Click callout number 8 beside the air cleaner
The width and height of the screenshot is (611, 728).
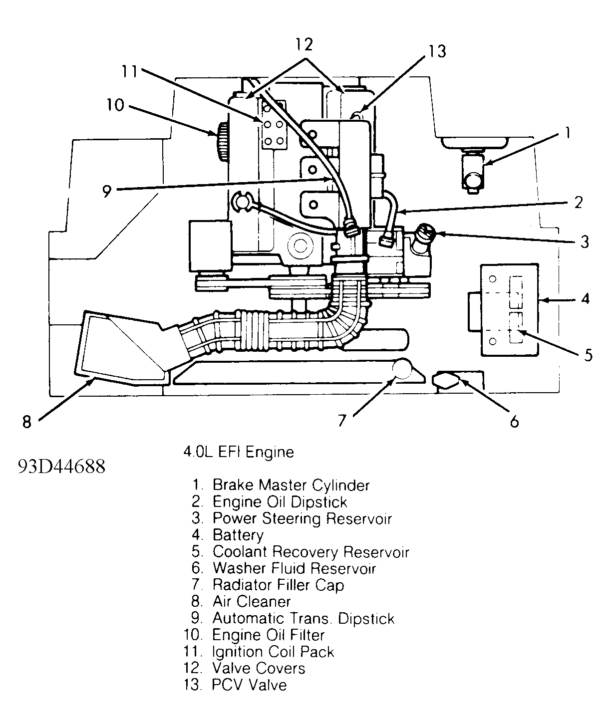click(26, 422)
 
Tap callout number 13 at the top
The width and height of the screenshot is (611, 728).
click(437, 51)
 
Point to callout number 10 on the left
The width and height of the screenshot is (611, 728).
click(115, 105)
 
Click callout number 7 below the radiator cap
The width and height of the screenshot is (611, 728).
click(341, 421)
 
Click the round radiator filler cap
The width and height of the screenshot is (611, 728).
click(402, 370)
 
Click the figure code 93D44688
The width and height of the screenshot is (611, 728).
click(62, 466)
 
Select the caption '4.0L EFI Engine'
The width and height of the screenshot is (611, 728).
click(239, 452)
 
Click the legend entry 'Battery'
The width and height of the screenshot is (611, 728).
click(238, 535)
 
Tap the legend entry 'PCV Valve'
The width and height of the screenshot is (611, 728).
click(249, 685)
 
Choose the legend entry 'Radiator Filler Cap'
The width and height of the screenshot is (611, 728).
click(278, 585)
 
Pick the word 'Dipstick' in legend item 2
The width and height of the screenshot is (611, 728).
click(319, 501)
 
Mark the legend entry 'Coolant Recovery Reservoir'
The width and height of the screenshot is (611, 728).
click(310, 552)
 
